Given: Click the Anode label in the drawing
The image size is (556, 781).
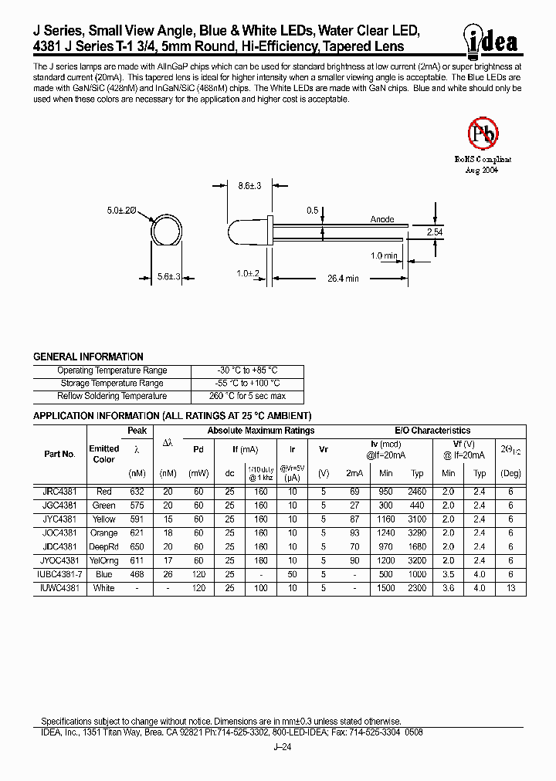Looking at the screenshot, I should tap(382, 219).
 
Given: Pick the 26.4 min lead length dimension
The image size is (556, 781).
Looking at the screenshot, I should tap(342, 279).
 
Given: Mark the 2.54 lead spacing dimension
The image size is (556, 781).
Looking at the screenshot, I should tap(436, 232).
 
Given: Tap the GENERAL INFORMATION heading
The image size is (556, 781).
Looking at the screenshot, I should tap(88, 357).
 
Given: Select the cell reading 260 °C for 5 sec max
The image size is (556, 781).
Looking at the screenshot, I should tap(247, 396).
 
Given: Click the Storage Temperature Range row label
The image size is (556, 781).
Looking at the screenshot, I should tap(111, 384).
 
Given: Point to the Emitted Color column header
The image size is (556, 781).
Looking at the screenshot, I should tap(103, 454).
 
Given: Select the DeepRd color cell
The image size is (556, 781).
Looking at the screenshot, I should tap(103, 546).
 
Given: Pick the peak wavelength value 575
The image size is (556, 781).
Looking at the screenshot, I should tap(137, 505).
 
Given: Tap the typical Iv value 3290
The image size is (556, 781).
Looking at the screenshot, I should tap(417, 532).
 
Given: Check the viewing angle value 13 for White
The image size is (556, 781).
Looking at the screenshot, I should tap(510, 588).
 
